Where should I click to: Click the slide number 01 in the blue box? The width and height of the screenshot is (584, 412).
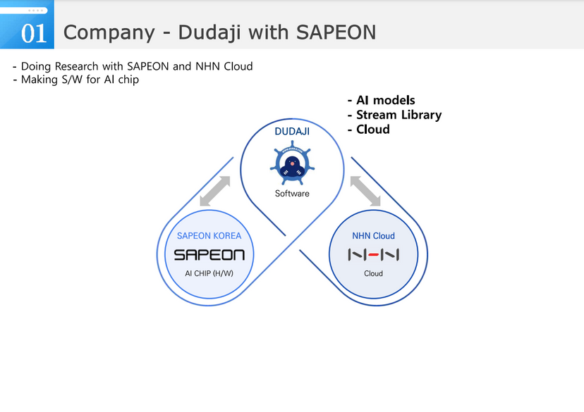(x=34, y=32)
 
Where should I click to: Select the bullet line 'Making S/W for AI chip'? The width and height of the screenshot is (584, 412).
(x=75, y=80)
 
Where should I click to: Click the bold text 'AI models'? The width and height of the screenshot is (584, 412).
(x=385, y=100)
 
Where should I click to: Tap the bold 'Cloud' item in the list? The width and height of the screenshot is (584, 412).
(x=372, y=129)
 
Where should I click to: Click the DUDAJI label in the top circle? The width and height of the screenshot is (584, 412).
(x=292, y=131)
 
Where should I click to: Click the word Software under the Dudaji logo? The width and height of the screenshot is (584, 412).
(x=292, y=193)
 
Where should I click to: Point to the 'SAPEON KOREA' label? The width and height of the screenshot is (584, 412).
(x=209, y=236)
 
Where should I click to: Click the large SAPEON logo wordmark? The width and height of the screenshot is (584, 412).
(x=209, y=255)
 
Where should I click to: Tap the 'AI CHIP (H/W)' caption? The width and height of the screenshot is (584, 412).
(x=209, y=273)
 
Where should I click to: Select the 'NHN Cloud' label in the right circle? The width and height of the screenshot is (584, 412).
(x=373, y=236)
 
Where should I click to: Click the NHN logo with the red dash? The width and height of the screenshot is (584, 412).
(x=373, y=255)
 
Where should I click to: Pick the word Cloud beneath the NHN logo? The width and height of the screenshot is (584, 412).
(x=373, y=273)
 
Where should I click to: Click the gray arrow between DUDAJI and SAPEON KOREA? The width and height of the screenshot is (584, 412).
(x=215, y=191)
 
